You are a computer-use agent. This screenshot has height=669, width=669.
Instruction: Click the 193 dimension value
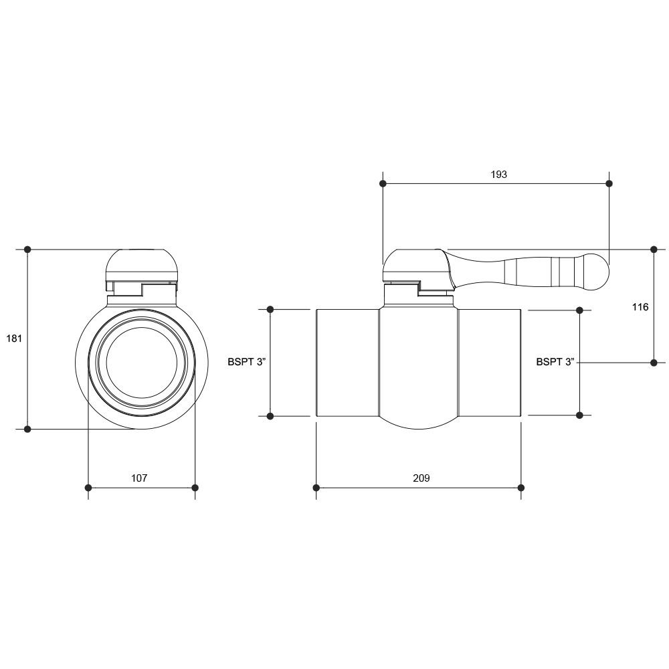(x=498, y=175)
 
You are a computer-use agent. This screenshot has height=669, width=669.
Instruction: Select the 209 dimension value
(x=421, y=478)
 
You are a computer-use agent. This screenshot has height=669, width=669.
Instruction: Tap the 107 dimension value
(x=139, y=478)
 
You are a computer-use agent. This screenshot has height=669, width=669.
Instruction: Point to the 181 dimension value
(x=14, y=339)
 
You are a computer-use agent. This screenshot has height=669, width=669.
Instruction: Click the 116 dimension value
(x=640, y=307)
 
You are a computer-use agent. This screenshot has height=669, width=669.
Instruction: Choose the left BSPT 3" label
(x=247, y=362)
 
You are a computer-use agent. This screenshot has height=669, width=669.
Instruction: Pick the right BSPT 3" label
(x=555, y=362)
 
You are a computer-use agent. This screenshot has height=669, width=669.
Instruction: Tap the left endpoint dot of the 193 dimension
(x=383, y=183)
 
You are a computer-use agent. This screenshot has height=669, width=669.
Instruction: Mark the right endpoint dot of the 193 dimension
(x=609, y=183)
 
